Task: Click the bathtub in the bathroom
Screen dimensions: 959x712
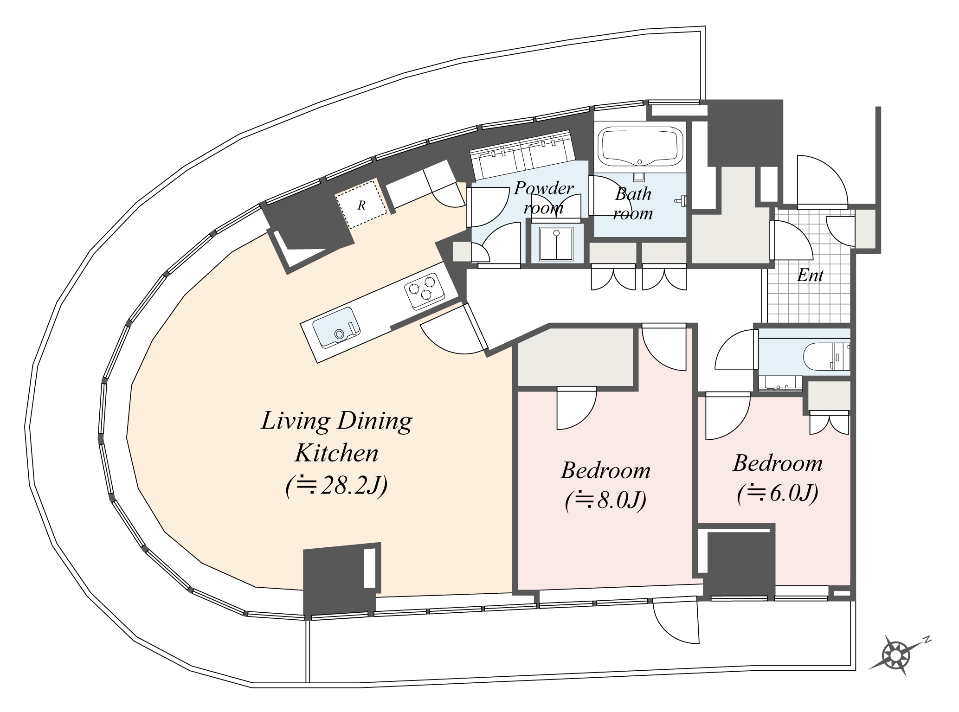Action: coord(640,148)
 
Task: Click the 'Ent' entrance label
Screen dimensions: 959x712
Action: coord(810,276)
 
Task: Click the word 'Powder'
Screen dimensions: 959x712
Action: coord(544,188)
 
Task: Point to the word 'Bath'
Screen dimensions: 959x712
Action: coord(633,194)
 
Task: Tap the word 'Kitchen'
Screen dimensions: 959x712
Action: coord(336,453)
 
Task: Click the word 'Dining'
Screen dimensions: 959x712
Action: coord(374,421)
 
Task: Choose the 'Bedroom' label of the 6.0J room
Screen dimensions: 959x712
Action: coord(778,463)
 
